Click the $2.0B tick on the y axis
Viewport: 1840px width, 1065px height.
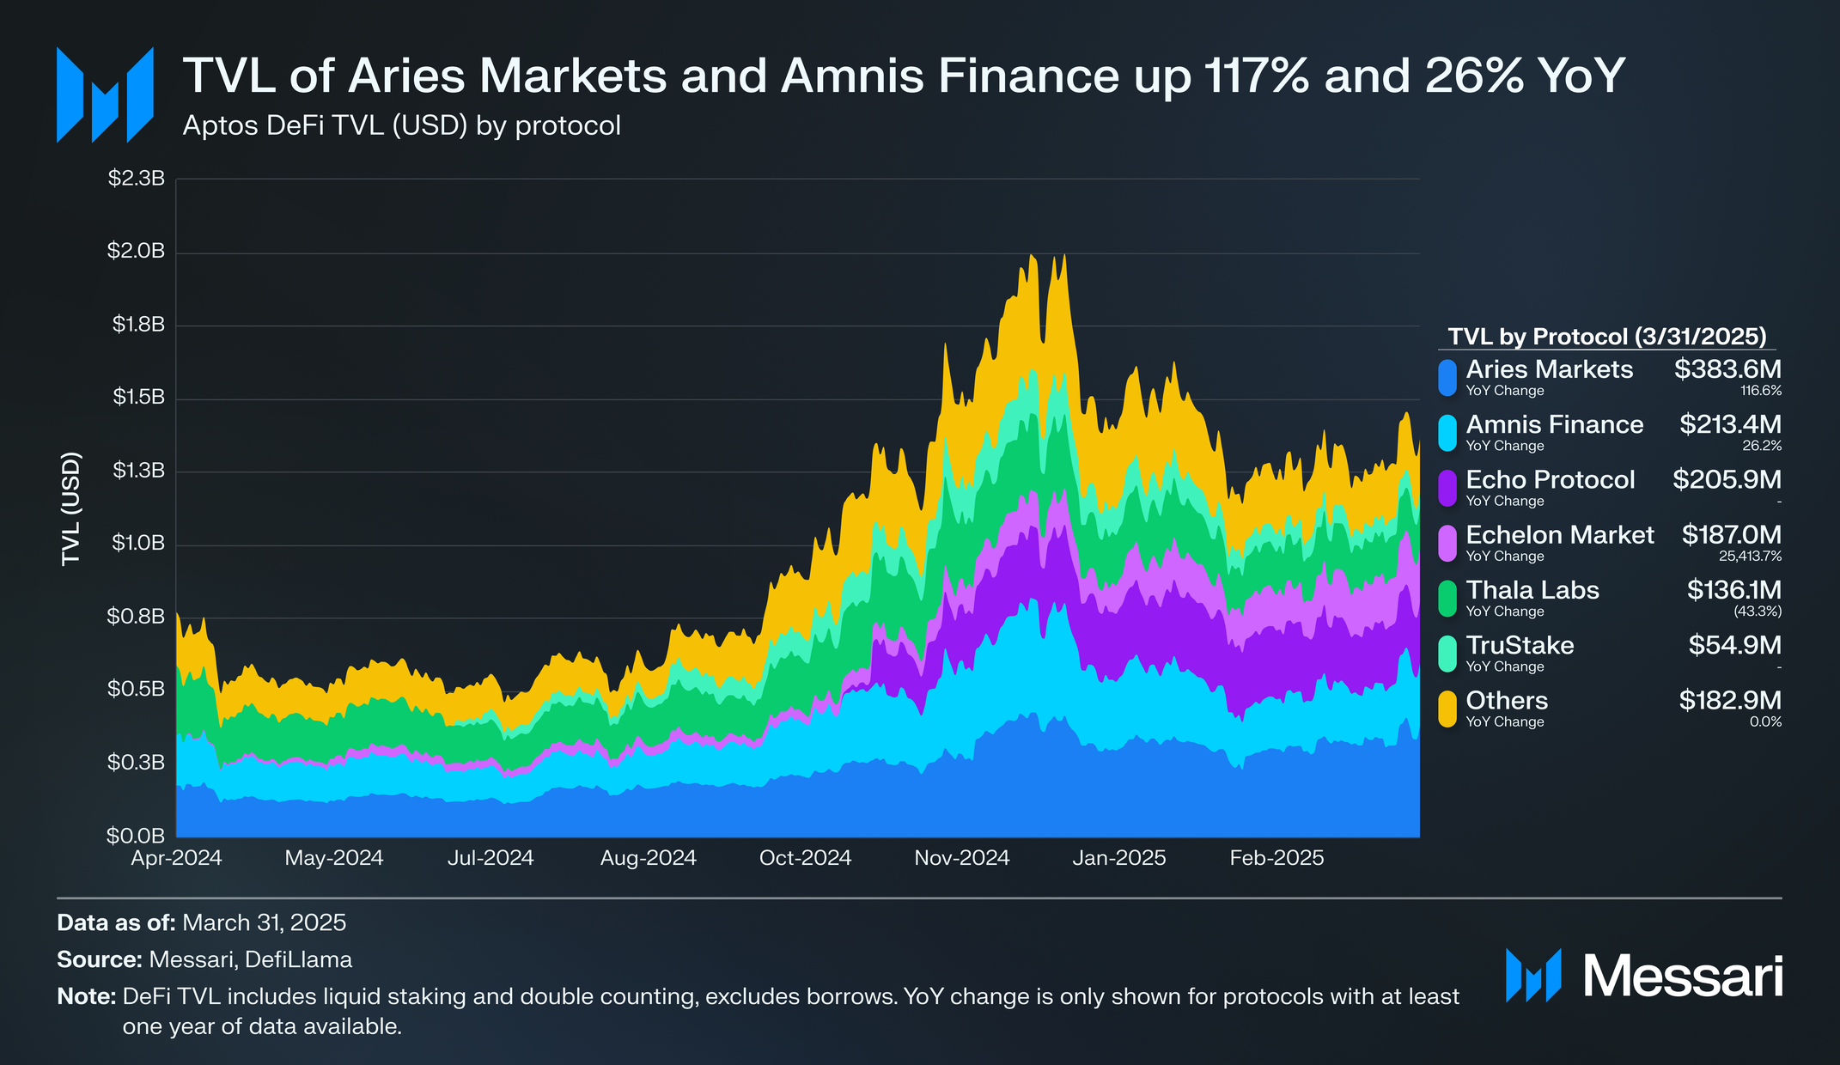click(136, 251)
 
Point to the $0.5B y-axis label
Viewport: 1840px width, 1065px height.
click(136, 689)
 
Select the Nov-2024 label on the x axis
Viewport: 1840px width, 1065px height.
click(961, 857)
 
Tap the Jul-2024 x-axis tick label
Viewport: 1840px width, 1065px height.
click(490, 857)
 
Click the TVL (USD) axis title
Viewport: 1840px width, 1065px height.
click(71, 508)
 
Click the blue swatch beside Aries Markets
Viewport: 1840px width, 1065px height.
click(1447, 378)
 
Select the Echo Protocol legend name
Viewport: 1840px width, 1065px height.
click(1550, 479)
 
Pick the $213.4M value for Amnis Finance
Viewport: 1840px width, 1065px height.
click(1730, 424)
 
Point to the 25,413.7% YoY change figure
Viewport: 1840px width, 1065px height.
click(1750, 557)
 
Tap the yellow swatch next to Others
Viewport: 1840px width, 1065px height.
click(1447, 709)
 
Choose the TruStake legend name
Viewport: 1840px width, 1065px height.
click(1520, 645)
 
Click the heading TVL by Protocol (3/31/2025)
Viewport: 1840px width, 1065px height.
click(1607, 336)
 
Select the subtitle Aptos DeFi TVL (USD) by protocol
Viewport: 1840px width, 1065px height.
click(401, 126)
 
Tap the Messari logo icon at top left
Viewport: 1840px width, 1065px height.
click(105, 94)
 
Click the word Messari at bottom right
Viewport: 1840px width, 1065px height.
click(1682, 977)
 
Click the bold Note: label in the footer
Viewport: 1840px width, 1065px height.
click(86, 996)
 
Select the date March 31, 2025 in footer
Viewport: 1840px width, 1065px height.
click(264, 922)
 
